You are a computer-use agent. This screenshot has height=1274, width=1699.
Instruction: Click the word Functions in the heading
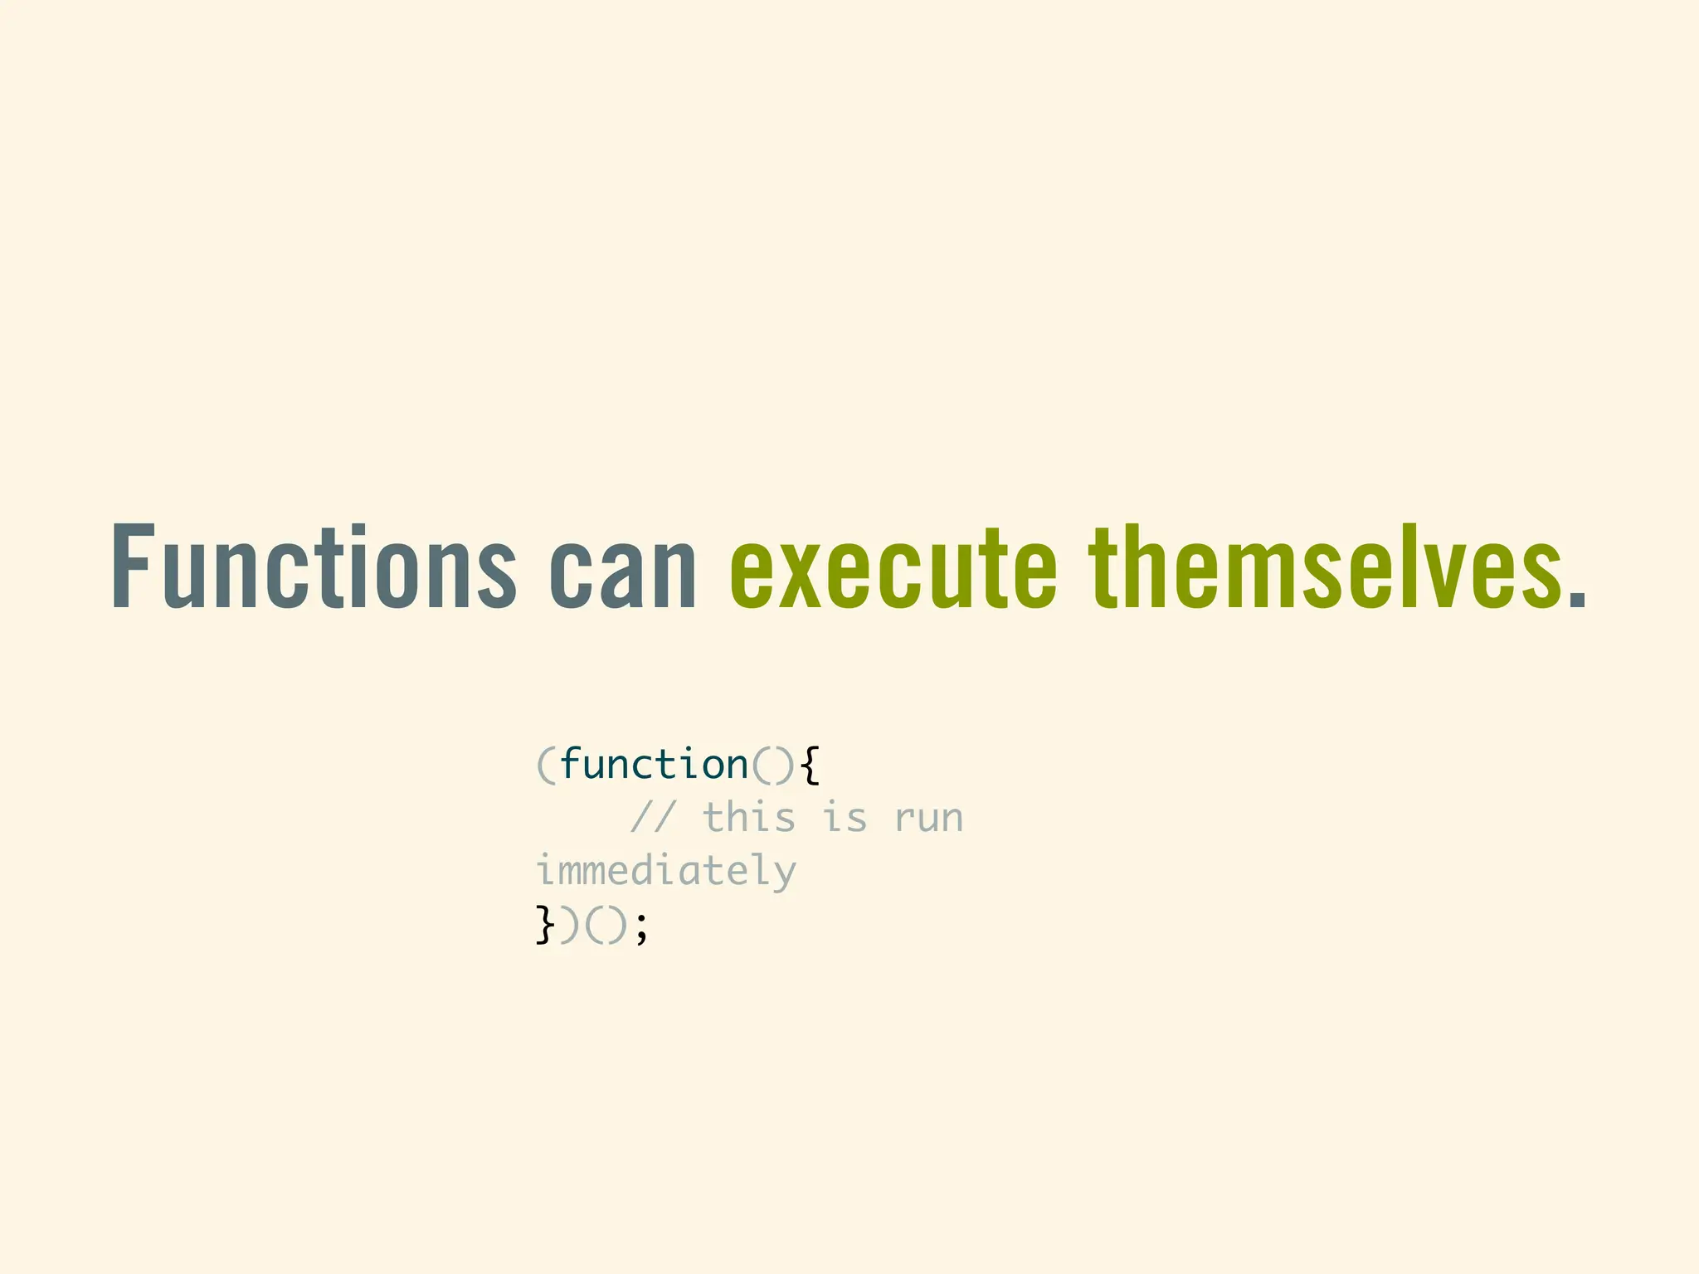314,567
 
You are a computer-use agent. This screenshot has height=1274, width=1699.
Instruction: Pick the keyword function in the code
654,764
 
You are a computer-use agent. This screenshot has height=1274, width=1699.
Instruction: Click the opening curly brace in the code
811,765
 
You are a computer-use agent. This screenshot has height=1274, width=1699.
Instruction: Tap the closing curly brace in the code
544,925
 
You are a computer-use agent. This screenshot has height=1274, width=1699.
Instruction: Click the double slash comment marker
654,818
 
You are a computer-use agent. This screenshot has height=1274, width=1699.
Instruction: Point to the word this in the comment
749,818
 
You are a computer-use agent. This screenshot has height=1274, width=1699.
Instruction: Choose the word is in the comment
845,818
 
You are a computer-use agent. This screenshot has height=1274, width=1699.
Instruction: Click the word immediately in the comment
665,872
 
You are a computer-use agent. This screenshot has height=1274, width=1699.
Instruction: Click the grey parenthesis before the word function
546,765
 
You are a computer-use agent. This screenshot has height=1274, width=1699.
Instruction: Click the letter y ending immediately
784,875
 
